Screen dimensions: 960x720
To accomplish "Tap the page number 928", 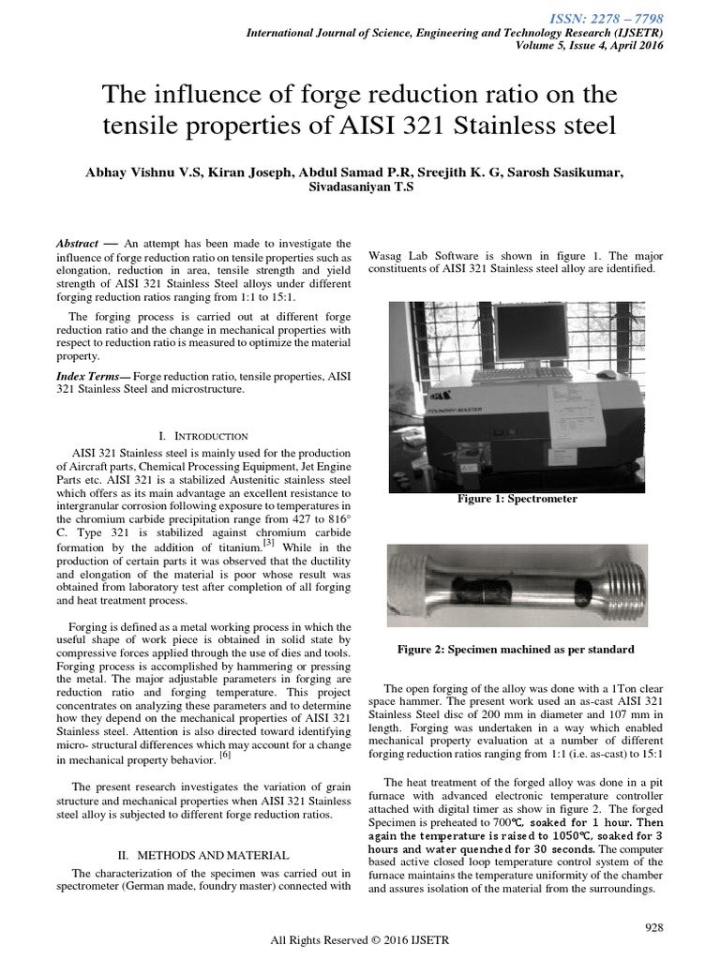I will click(655, 927).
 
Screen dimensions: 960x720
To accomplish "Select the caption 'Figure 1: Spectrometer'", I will click(517, 499).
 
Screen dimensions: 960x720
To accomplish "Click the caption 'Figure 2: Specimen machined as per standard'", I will click(516, 649).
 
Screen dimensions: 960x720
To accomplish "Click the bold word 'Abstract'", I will click(76, 243).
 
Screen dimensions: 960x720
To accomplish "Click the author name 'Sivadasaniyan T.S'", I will click(360, 187).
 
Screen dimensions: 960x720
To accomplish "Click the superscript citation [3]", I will click(268, 542).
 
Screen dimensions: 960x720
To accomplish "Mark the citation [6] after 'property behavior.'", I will click(224, 755).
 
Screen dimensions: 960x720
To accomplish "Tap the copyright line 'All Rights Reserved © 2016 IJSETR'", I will click(359, 942).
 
